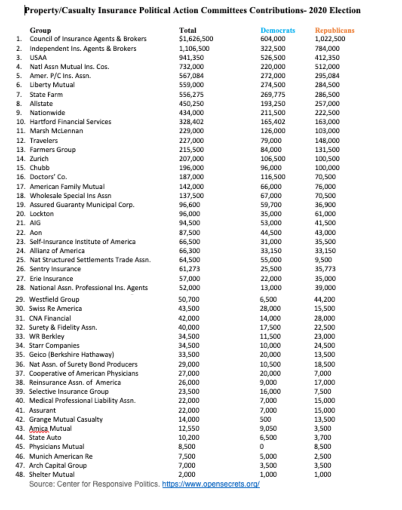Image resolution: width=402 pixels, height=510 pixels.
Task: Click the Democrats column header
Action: click(278, 30)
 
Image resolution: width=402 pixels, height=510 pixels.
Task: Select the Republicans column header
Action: click(334, 30)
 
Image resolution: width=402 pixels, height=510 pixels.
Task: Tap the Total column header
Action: click(187, 30)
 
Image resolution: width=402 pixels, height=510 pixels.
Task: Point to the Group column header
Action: click(40, 30)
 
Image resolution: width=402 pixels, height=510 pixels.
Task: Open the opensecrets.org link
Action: click(211, 484)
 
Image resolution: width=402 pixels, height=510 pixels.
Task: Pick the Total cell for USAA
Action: click(191, 58)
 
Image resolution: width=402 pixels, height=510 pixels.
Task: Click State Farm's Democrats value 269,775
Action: click(273, 95)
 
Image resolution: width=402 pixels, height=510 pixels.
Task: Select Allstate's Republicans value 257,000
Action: click(327, 104)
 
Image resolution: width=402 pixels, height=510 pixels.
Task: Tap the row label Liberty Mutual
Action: click(52, 85)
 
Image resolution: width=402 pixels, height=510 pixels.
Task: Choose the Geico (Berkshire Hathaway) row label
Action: click(71, 355)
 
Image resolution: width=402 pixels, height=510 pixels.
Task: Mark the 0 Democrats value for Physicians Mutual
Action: click(262, 447)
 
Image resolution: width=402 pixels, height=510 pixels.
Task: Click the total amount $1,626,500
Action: click(196, 39)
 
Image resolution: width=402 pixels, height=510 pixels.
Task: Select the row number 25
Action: click(21, 260)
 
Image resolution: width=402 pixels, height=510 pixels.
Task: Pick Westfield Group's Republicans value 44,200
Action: click(324, 300)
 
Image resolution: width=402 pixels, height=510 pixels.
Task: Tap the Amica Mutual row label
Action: click(50, 429)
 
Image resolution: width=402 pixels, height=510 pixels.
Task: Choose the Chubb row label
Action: click(40, 168)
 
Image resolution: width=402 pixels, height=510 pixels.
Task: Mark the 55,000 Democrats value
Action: click(271, 260)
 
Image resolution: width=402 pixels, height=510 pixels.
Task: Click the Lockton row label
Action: click(41, 214)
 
